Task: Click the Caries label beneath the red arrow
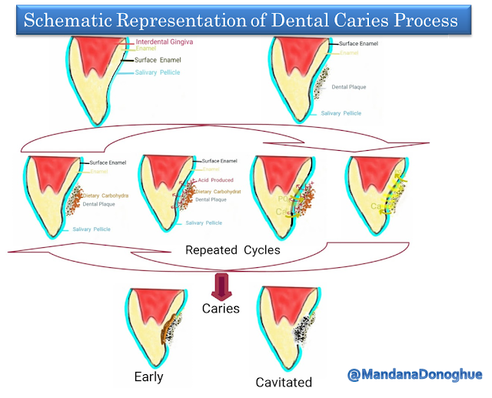click(221, 308)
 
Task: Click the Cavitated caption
click(284, 382)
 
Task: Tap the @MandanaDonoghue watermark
click(415, 375)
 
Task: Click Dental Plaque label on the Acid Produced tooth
click(211, 199)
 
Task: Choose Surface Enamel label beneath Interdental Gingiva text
click(159, 59)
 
